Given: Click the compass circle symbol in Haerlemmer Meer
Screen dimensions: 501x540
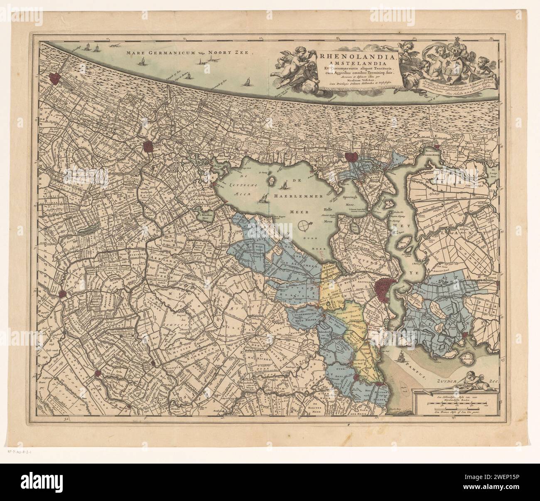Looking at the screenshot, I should coord(305,226).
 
